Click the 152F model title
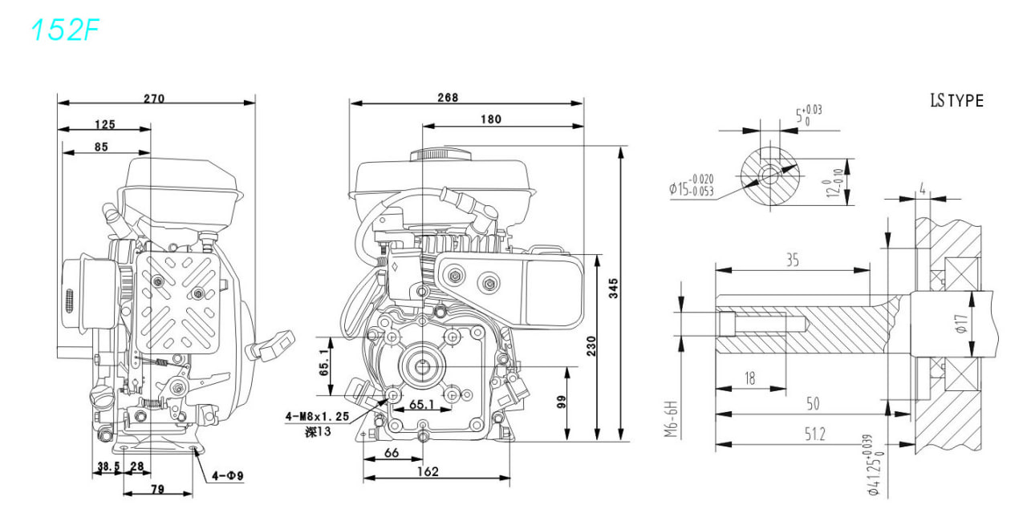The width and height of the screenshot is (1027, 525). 65,30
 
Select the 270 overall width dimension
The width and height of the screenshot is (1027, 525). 154,99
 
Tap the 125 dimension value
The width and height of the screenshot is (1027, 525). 105,124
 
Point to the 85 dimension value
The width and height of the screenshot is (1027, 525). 101,147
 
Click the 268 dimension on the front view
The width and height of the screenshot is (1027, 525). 448,98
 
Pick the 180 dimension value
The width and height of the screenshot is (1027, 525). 491,119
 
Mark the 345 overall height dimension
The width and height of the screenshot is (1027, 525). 614,289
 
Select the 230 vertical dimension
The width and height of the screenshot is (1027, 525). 591,346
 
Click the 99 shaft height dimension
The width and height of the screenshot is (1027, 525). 561,402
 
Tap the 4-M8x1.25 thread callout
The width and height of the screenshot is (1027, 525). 317,417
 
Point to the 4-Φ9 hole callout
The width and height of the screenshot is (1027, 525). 228,476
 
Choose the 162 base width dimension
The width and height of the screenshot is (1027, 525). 428,471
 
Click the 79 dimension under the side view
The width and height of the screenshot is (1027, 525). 157,489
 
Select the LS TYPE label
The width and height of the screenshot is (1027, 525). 957,100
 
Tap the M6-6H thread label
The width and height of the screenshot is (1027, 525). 671,419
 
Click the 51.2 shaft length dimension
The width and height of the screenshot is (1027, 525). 814,434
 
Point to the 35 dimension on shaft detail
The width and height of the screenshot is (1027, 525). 793,260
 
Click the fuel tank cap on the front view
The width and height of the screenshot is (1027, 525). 441,154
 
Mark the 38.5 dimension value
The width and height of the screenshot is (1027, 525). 108,466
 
